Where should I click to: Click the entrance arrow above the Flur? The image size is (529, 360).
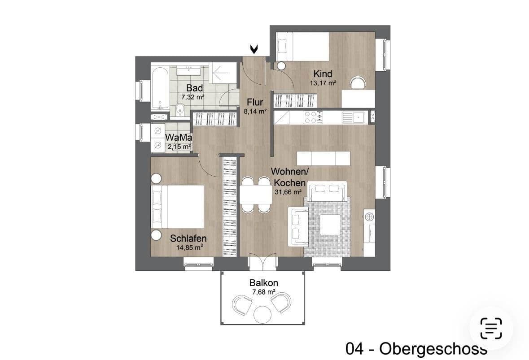click(254, 48)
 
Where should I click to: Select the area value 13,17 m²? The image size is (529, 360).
click(323, 83)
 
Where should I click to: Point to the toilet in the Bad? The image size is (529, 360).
click(180, 109)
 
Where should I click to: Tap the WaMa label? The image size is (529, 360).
click(179, 138)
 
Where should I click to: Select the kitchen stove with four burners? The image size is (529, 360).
click(313, 117)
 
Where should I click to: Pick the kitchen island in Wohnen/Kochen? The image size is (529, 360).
click(323, 158)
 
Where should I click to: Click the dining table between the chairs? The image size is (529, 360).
click(256, 195)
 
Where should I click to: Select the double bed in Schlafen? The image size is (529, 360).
click(178, 207)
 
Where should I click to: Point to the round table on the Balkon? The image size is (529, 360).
click(262, 313)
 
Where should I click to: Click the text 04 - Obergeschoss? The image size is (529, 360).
click(415, 348)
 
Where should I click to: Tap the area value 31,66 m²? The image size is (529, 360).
click(287, 192)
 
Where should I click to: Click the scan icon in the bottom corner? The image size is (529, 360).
click(491, 329)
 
